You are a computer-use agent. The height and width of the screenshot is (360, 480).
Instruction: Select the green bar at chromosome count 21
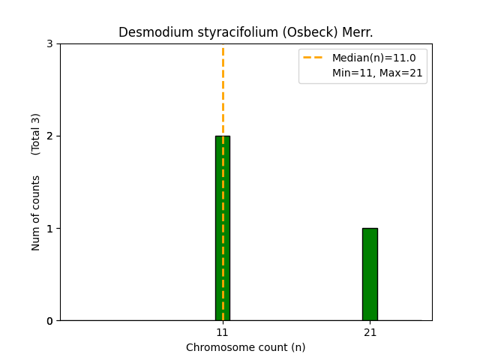pyautogui.click(x=370, y=274)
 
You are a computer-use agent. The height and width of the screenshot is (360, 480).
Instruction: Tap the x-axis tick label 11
pyautogui.click(x=223, y=332)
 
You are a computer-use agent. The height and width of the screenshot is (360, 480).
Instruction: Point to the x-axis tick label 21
pyautogui.click(x=370, y=332)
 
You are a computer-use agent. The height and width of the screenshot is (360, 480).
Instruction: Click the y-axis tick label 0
pyautogui.click(x=50, y=321)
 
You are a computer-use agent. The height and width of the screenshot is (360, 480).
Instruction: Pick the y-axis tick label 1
pyautogui.click(x=50, y=229)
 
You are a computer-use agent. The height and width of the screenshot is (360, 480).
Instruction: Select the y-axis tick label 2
pyautogui.click(x=50, y=136)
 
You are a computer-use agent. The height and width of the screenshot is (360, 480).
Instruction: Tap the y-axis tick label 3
pyautogui.click(x=50, y=44)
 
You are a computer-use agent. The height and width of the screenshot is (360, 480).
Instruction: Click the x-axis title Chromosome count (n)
pyautogui.click(x=246, y=347)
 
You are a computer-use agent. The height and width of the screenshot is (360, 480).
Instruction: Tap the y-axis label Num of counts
pyautogui.click(x=36, y=213)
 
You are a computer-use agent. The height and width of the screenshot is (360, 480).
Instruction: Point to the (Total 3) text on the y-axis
pyautogui.click(x=36, y=134)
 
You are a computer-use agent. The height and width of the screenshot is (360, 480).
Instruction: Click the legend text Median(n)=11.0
pyautogui.click(x=373, y=58)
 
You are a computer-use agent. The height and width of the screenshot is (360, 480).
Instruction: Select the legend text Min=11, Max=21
pyautogui.click(x=377, y=73)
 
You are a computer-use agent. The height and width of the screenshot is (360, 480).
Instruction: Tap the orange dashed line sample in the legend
pyautogui.click(x=313, y=58)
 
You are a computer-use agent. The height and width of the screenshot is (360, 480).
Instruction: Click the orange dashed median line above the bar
pyautogui.click(x=223, y=90)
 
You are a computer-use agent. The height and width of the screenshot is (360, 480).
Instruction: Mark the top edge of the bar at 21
pyautogui.click(x=370, y=229)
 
